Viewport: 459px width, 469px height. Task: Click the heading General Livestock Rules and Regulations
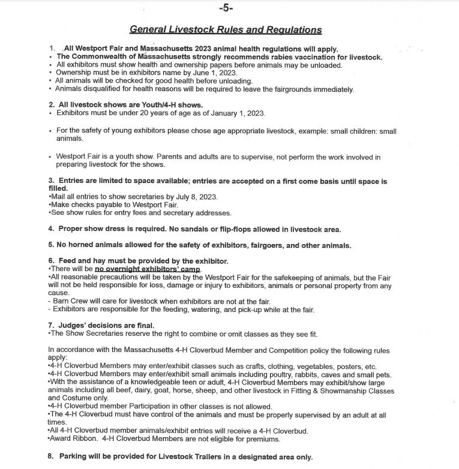click(x=226, y=30)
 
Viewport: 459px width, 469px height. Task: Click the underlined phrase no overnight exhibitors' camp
click(x=147, y=269)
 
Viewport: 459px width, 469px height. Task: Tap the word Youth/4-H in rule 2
click(x=146, y=105)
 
